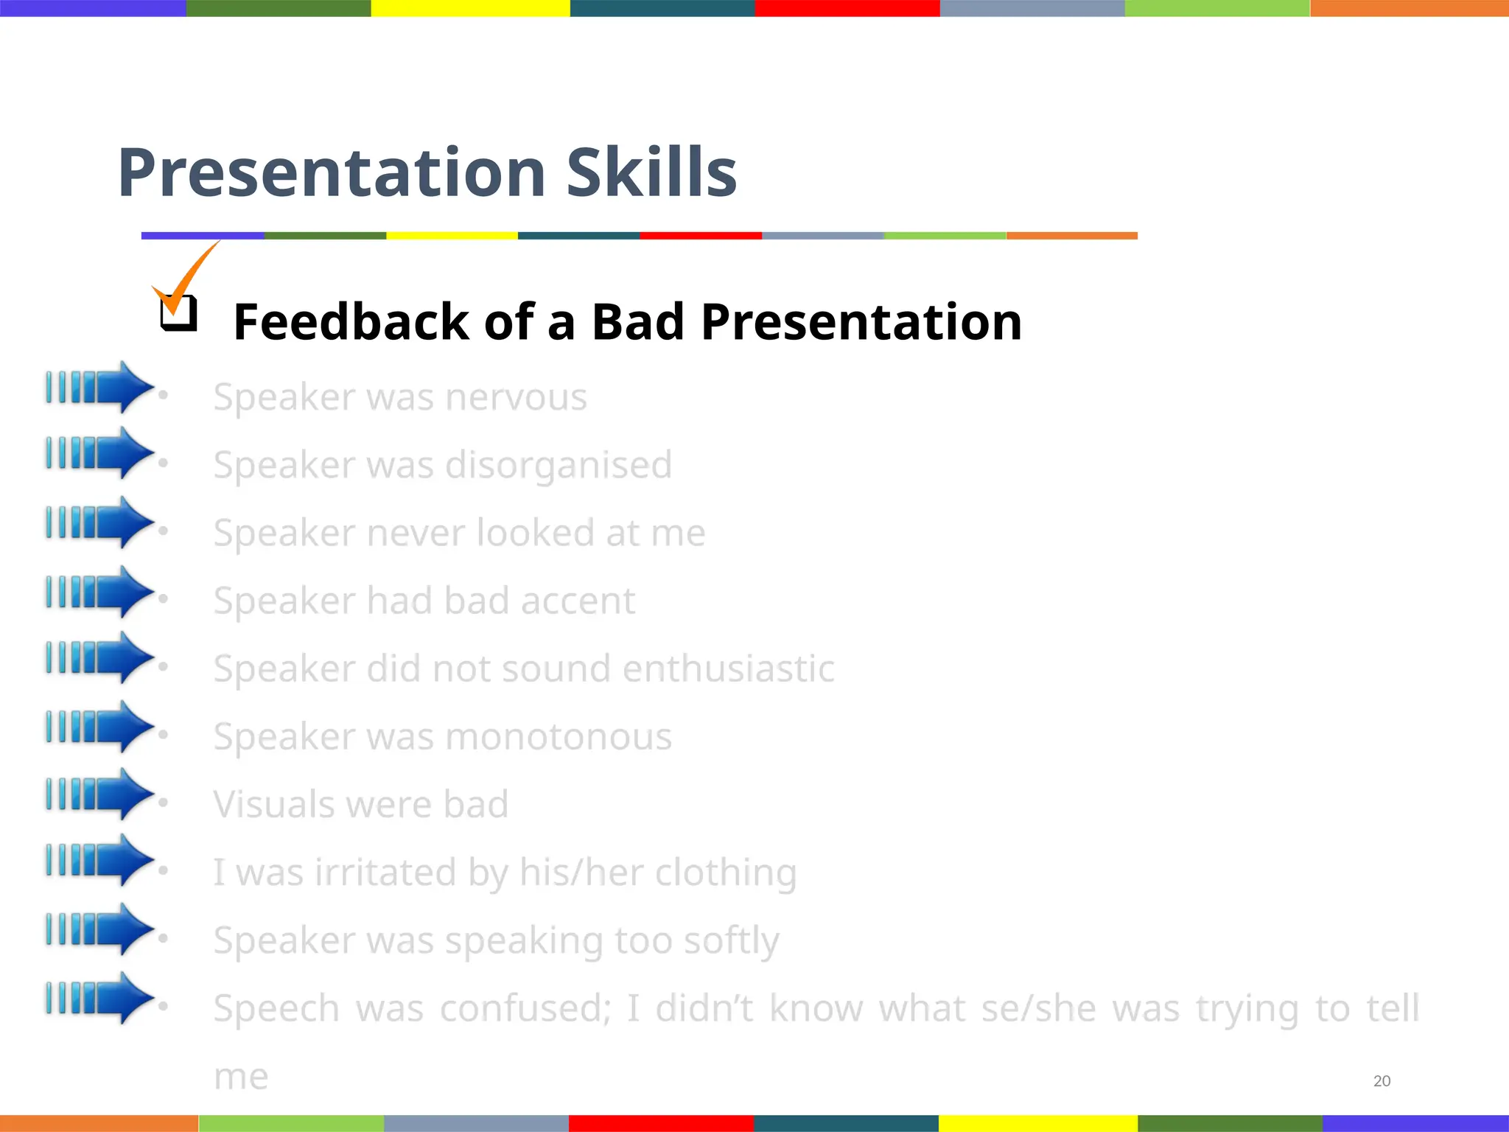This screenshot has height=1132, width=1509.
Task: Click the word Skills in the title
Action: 651,173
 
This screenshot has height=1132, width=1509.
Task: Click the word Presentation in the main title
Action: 332,173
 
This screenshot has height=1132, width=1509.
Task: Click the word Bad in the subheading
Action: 638,322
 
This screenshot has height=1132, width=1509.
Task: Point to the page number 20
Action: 1382,1081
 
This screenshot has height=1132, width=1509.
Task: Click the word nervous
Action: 516,397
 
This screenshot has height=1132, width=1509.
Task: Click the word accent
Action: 578,601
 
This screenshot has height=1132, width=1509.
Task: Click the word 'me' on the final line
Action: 241,1077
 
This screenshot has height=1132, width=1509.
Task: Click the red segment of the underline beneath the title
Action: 700,236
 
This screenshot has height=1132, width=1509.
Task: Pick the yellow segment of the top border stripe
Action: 470,8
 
